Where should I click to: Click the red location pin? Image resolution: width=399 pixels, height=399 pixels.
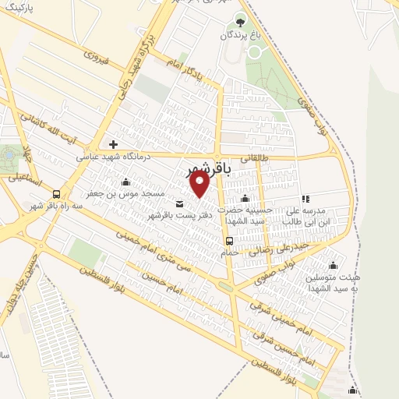(200, 184)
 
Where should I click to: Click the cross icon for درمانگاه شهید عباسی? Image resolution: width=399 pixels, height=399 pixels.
(114, 144)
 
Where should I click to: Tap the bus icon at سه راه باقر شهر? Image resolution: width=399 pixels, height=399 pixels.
(56, 194)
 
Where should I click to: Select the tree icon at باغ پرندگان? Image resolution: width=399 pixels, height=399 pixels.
(240, 21)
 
